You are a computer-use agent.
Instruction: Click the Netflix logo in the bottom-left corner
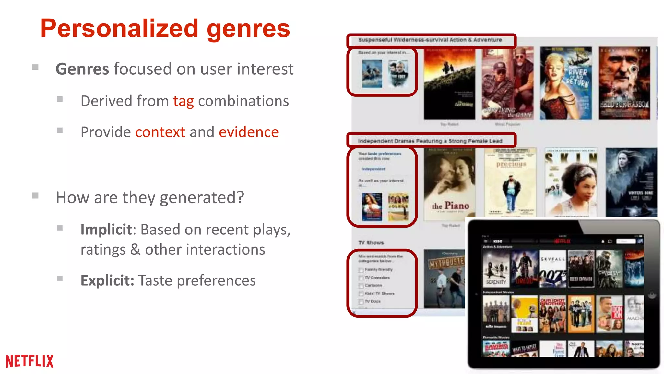(30, 361)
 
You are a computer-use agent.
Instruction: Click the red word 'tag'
(183, 101)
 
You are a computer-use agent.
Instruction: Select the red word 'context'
(160, 132)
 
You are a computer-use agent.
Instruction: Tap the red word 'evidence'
(249, 132)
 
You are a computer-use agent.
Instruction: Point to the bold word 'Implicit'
(106, 230)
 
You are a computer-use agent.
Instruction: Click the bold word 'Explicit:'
(107, 280)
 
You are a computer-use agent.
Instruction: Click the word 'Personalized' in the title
(119, 29)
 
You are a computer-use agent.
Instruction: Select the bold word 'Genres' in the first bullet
(82, 69)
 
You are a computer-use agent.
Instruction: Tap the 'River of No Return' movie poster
(565, 83)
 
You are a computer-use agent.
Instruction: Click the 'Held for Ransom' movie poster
(624, 83)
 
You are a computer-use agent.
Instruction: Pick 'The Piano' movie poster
(449, 184)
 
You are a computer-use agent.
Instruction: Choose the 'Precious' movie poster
(510, 182)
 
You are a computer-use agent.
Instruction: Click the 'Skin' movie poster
(571, 182)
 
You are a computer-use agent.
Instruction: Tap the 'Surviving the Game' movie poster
(507, 83)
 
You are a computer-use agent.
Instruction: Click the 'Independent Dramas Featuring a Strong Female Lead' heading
(430, 141)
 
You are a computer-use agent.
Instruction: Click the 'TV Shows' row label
(371, 243)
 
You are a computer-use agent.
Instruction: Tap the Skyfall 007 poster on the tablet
(552, 269)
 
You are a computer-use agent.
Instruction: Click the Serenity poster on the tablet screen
(496, 269)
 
